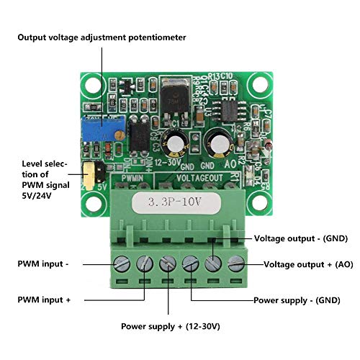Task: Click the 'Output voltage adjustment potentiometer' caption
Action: click(102, 37)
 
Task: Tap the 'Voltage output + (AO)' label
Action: click(308, 264)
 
